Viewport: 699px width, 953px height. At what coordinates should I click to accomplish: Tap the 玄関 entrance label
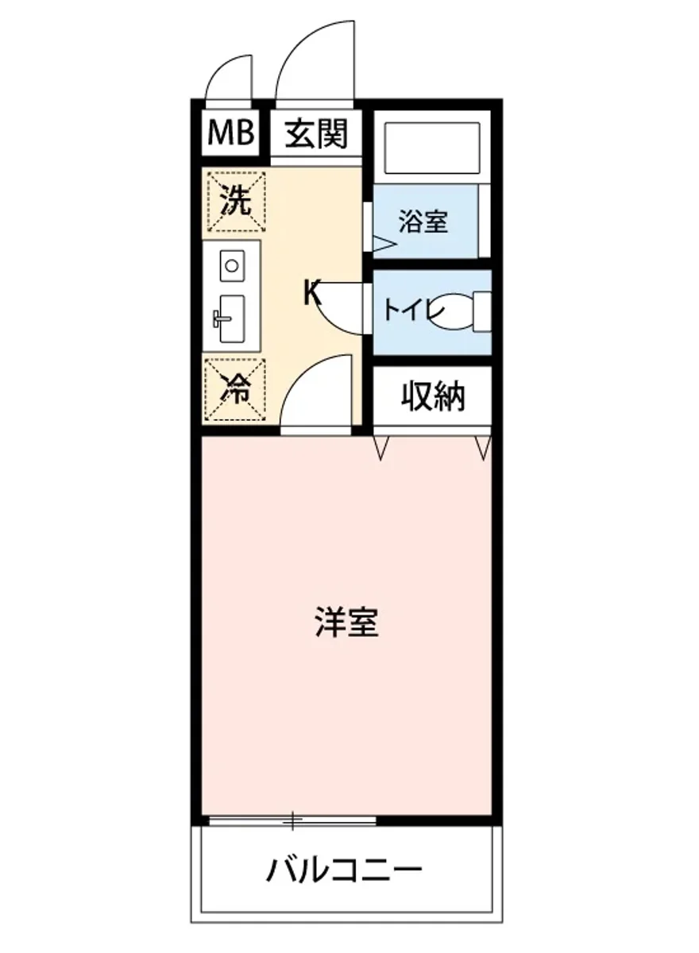317,133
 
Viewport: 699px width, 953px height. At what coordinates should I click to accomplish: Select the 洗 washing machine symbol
234,201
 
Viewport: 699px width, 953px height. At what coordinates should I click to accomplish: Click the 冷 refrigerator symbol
234,389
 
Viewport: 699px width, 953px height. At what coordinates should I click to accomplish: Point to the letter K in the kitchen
312,294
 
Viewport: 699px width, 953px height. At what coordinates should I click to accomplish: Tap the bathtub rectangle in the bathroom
433,148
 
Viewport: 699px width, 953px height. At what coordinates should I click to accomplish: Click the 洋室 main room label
346,622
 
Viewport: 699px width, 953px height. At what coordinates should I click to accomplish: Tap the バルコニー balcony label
344,871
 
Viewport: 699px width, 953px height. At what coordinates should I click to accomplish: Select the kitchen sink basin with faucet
231,318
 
